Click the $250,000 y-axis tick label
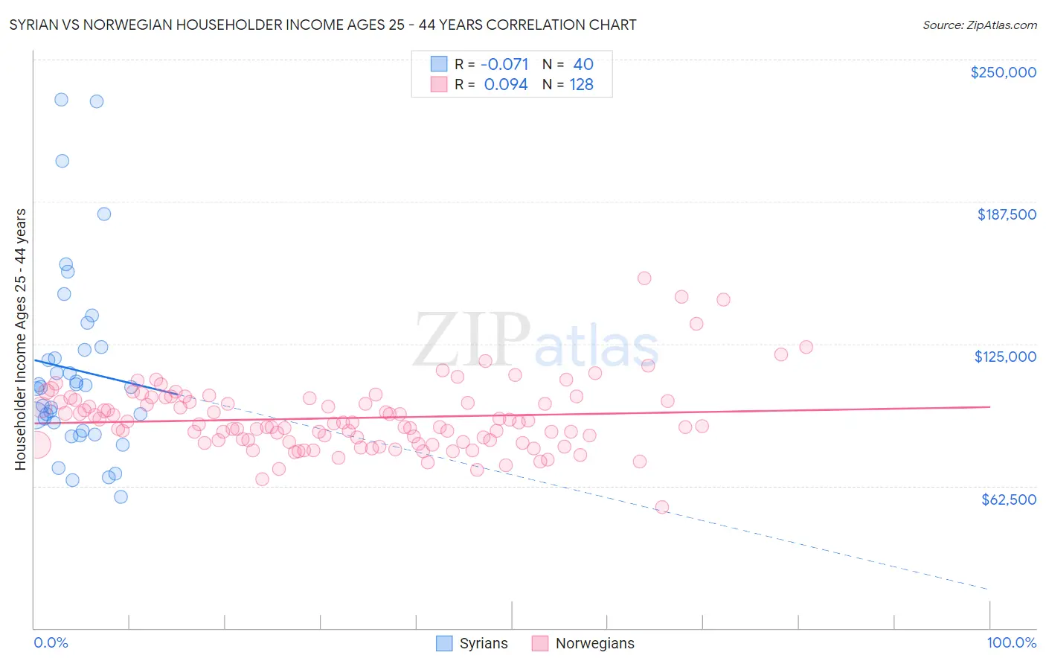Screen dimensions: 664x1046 1003,72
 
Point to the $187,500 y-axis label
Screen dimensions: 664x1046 1006,214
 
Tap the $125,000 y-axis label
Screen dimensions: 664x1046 1005,357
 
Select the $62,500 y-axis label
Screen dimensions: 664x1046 1008,499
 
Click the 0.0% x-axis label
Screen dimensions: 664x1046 51,642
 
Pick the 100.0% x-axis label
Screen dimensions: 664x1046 1011,642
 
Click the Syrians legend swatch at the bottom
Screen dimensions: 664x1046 444,643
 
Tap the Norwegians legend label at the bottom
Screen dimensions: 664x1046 594,643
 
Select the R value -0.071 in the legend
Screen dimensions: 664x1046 504,64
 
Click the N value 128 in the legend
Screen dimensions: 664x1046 581,85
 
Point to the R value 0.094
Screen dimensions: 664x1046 506,85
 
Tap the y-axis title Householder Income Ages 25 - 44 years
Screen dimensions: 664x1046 20,339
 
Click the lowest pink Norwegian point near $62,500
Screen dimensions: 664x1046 661,507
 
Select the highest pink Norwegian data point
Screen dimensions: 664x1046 644,278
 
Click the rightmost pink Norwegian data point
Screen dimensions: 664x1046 806,347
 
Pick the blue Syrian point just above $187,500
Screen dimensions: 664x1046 104,214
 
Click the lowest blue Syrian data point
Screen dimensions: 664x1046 121,497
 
